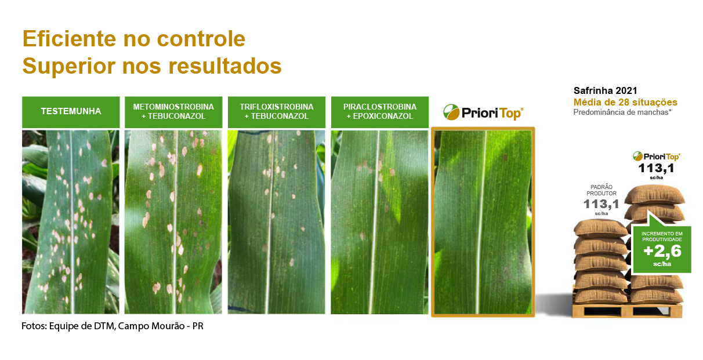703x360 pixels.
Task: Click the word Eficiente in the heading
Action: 69,39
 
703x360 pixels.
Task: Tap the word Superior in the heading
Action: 69,67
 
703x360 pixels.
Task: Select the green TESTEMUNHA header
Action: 71,112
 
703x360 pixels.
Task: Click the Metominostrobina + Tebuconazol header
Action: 173,112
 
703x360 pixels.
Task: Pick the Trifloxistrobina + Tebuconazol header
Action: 277,112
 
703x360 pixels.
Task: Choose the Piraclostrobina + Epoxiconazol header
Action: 380,112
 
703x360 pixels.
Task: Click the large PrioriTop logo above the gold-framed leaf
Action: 483,112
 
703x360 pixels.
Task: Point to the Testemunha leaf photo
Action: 71,222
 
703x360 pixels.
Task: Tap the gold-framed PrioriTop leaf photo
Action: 483,222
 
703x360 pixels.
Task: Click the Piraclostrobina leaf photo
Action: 380,222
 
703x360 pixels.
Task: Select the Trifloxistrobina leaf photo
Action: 277,222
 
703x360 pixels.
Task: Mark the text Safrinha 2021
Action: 606,90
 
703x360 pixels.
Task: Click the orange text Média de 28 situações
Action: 625,102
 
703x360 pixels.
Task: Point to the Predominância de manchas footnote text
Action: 622,112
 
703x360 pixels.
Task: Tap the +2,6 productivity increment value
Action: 662,251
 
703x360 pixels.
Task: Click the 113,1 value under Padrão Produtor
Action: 601,204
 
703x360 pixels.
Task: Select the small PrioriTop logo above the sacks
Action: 657,156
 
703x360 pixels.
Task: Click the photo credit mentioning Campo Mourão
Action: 113,326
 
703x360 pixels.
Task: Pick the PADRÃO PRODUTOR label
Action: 601,190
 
